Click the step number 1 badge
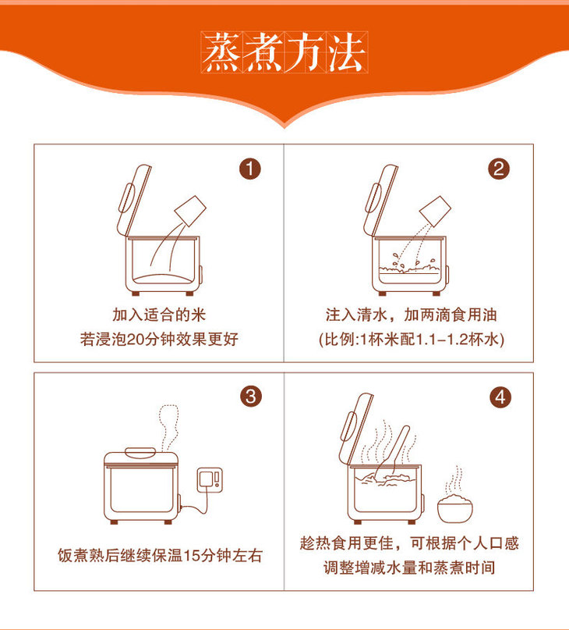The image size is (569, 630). (250, 169)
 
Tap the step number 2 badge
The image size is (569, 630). (499, 169)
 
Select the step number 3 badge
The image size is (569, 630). (251, 397)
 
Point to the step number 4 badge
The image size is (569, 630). (500, 397)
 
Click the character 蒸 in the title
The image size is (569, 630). (222, 52)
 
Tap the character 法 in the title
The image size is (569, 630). (347, 52)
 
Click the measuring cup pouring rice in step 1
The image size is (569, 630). (191, 210)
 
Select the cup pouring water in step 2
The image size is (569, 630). (435, 210)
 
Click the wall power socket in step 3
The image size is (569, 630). (210, 480)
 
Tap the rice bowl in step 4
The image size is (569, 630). (455, 508)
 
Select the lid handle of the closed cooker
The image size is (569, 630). (140, 453)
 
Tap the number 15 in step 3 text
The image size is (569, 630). (192, 556)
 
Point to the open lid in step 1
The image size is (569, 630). (134, 200)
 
